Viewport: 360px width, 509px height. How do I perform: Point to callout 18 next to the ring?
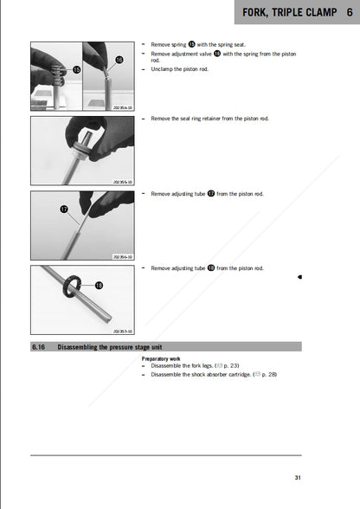pyautogui.click(x=99, y=285)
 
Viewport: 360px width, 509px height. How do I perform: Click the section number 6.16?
pyautogui.click(x=40, y=346)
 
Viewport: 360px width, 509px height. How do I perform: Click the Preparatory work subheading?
pyautogui.click(x=161, y=358)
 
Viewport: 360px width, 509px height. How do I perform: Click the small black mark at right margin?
pyautogui.click(x=299, y=276)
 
